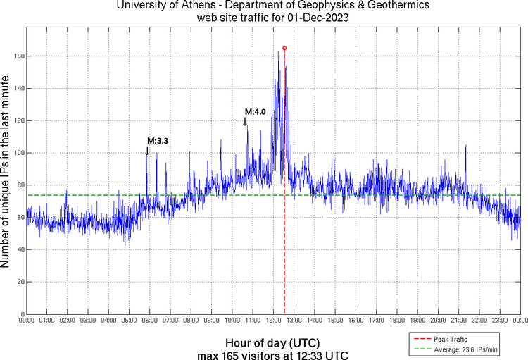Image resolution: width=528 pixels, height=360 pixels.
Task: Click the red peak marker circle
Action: coord(284,48)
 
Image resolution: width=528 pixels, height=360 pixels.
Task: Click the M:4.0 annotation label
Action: coord(255,111)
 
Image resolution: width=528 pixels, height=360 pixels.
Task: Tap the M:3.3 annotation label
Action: coord(158,141)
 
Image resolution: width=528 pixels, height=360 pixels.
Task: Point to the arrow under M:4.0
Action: coord(245,121)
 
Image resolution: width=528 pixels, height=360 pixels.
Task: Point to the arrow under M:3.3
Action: coord(147,150)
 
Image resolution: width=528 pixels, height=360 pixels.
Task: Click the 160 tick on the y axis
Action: coord(19,56)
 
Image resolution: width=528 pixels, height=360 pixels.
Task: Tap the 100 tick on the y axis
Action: coord(19,153)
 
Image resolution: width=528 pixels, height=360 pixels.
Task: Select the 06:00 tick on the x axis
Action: coord(150,321)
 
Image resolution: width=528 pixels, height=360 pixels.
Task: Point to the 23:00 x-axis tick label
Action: coord(500,321)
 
